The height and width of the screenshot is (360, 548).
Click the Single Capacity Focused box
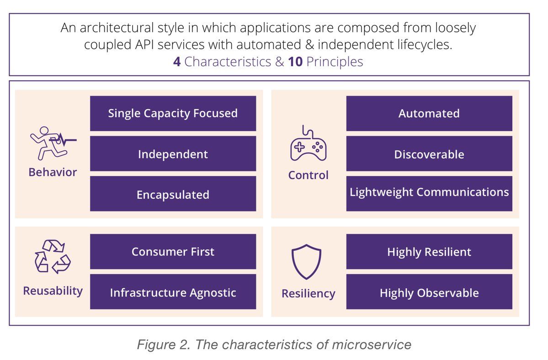pyautogui.click(x=173, y=113)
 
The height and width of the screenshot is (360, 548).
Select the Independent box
pyautogui.click(x=173, y=154)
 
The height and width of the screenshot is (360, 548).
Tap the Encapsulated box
pyautogui.click(x=173, y=194)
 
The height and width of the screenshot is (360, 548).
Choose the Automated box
pyautogui.click(x=429, y=113)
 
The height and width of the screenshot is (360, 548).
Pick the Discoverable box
pyautogui.click(x=429, y=154)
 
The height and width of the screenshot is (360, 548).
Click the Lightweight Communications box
pyautogui.click(x=429, y=192)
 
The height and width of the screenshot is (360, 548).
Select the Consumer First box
pyautogui.click(x=173, y=252)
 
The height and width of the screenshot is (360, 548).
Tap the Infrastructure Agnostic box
pyautogui.click(x=173, y=292)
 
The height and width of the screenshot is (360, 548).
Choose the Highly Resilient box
pyautogui.click(x=429, y=252)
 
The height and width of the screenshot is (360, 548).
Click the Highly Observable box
pyautogui.click(x=429, y=292)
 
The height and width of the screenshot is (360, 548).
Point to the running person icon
pyautogui.click(x=52, y=142)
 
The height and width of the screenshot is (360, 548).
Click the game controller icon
pyautogui.click(x=308, y=145)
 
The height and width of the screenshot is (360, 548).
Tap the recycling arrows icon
pyautogui.click(x=53, y=257)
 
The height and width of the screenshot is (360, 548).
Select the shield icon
pyautogui.click(x=306, y=262)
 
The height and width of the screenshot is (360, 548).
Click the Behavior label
pyautogui.click(x=53, y=172)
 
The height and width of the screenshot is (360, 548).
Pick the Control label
pyautogui.click(x=308, y=175)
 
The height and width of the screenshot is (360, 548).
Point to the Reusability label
pyautogui.click(x=53, y=291)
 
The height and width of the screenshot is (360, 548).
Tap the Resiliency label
pyautogui.click(x=308, y=293)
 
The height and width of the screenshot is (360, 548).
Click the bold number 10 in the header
pyautogui.click(x=295, y=62)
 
